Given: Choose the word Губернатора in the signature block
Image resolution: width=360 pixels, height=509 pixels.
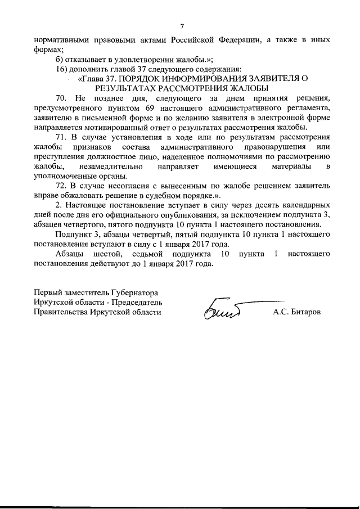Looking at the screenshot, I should pos(135,293).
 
